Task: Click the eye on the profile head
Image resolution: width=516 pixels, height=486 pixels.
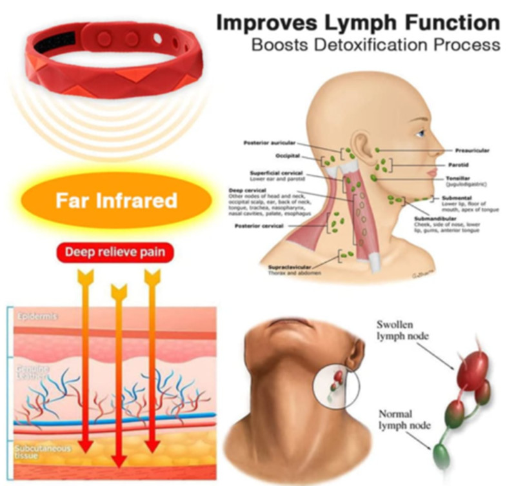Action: pyautogui.click(x=420, y=134)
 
